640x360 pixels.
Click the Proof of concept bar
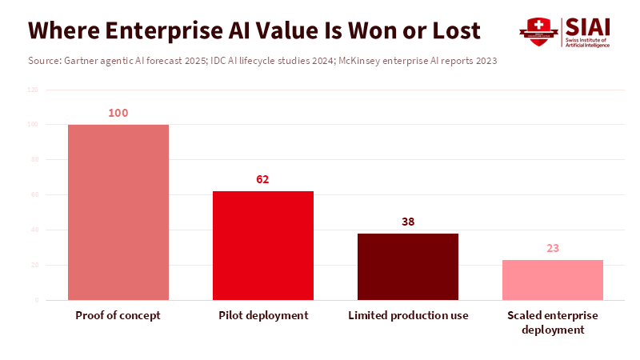click(118, 212)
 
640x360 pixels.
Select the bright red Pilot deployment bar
click(263, 246)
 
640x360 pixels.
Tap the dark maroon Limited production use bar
click(408, 266)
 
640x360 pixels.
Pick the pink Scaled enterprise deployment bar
click(553, 280)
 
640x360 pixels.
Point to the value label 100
click(118, 113)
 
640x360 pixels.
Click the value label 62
click(263, 179)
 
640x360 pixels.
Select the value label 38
click(408, 222)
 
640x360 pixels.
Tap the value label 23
click(553, 248)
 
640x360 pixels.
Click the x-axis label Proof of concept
click(118, 315)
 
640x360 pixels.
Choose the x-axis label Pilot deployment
click(263, 315)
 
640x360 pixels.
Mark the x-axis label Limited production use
click(408, 315)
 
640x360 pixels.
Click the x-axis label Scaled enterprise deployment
click(553, 322)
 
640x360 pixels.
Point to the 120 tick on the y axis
click(33, 90)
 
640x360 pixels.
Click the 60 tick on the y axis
click(34, 195)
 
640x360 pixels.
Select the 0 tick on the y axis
click(36, 300)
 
